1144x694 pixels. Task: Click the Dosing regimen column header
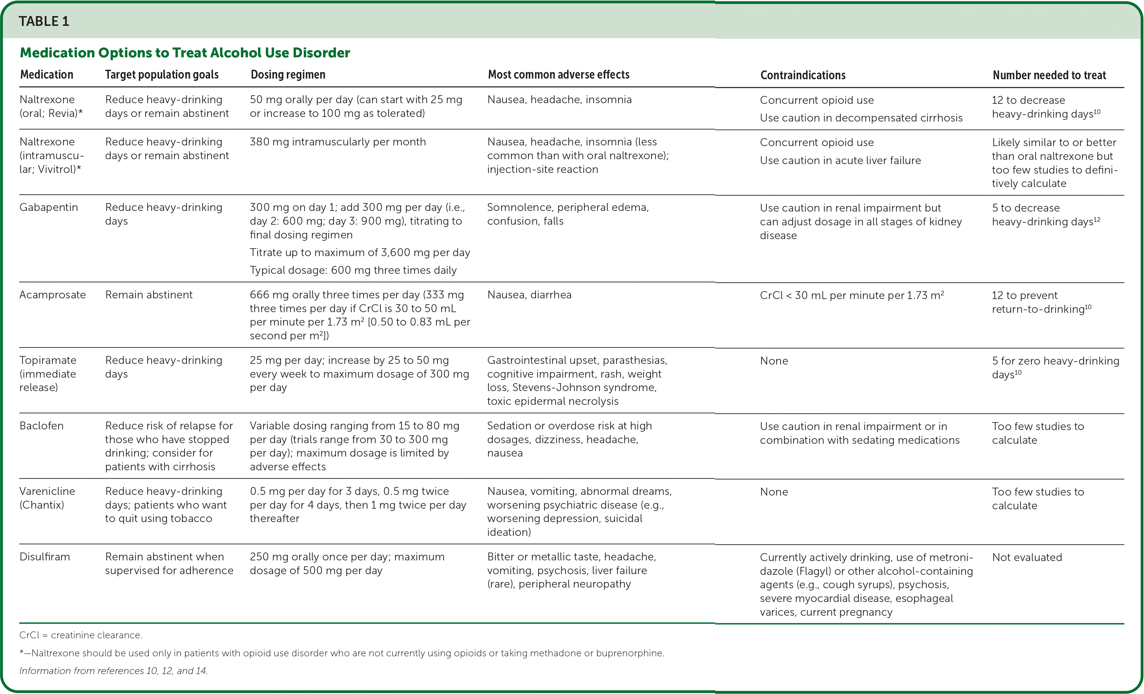tap(288, 75)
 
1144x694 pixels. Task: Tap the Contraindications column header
tap(803, 75)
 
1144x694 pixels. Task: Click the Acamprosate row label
tap(52, 294)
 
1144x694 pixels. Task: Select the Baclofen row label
tap(41, 425)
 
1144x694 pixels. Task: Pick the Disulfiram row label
tap(45, 556)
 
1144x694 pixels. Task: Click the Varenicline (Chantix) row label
tap(47, 497)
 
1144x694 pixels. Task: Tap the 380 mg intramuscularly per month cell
tap(338, 142)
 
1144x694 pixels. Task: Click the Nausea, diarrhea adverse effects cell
tap(529, 294)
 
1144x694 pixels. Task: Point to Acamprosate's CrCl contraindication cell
tap(852, 295)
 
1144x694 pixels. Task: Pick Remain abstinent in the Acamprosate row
tap(149, 294)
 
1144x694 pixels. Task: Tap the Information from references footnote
tap(113, 671)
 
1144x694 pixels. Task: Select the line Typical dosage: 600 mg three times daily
tap(353, 270)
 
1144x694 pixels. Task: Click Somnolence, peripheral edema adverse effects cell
tap(567, 214)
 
